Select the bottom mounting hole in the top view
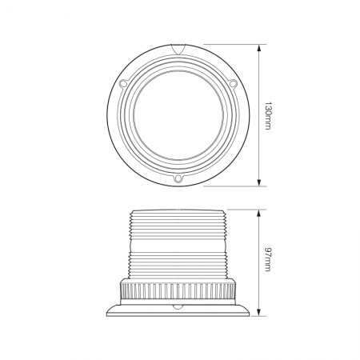tap(178, 179)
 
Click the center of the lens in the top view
tap(178, 115)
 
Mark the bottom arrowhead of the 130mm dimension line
tap(260, 185)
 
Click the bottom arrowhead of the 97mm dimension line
tap(260, 311)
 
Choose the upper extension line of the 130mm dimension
tap(232, 46)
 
